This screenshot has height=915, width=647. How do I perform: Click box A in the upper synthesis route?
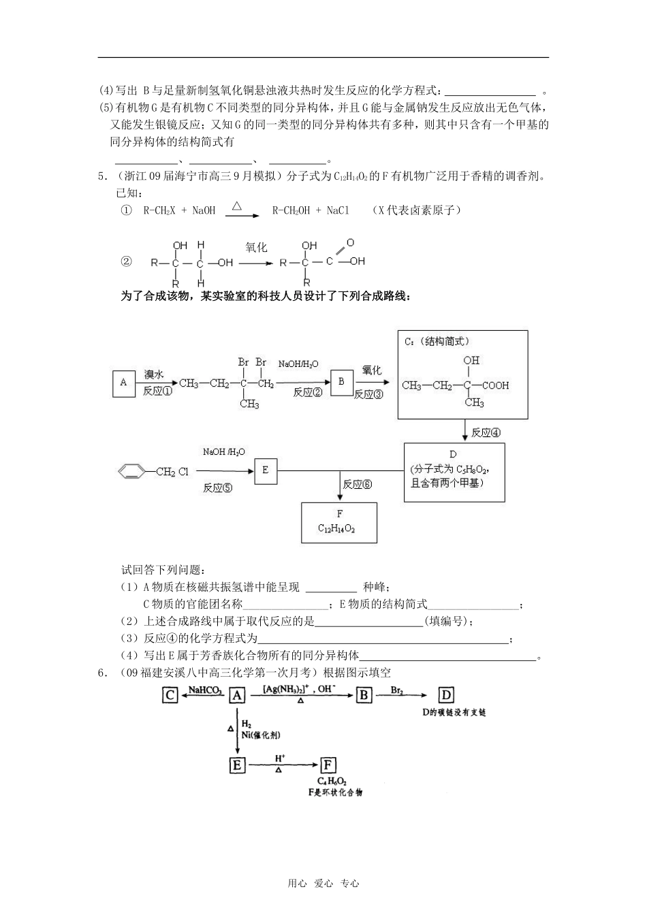(123, 383)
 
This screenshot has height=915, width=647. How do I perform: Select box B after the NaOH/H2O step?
(341, 383)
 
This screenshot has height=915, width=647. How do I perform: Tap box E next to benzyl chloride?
(266, 470)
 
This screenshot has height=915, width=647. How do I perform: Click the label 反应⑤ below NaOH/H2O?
(218, 488)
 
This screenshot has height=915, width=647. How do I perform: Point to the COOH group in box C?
(496, 385)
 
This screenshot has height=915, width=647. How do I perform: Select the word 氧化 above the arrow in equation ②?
(257, 248)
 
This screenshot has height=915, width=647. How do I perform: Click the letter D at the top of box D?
(453, 454)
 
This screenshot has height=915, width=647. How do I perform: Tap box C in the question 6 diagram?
(170, 695)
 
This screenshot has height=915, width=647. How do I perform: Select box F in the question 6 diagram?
(329, 765)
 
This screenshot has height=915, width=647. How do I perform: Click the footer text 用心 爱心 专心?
(323, 884)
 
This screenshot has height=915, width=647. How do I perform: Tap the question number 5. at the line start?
(103, 176)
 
